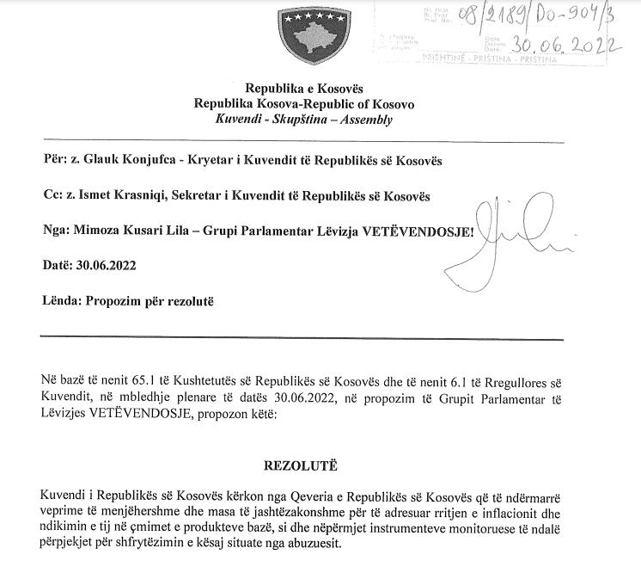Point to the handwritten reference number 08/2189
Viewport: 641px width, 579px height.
[496, 15]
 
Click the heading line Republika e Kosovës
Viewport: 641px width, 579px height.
[304, 89]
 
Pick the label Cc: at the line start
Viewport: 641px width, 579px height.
[50, 197]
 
